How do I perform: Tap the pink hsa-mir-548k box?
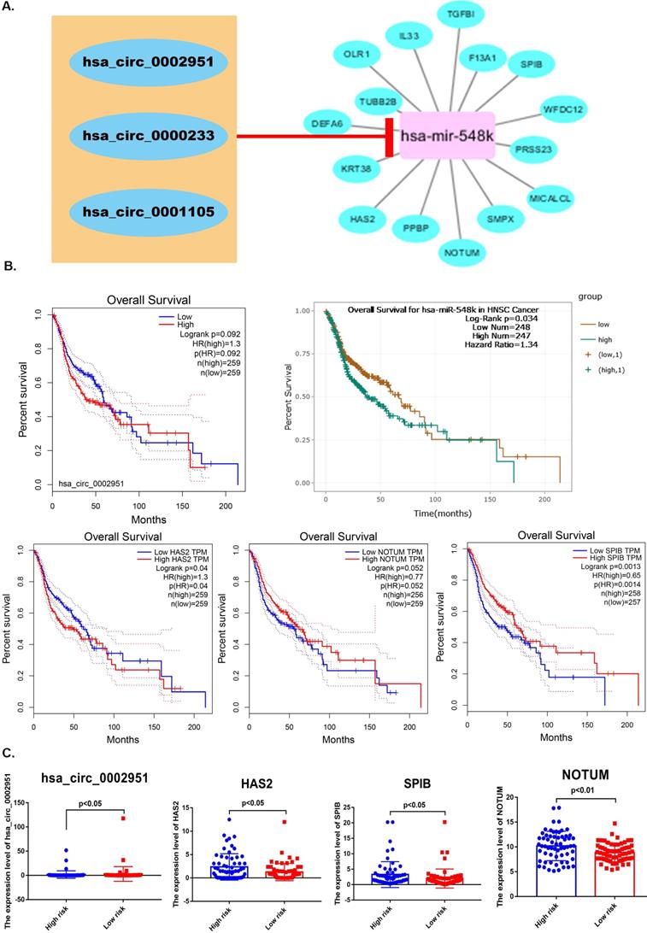click(x=444, y=135)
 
